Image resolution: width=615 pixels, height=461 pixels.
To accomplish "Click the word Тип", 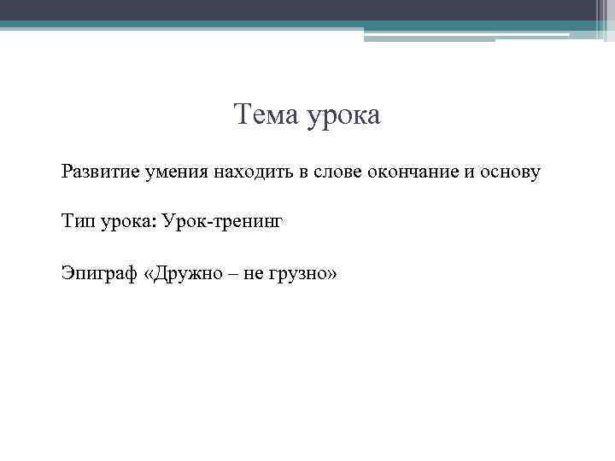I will click(x=74, y=223).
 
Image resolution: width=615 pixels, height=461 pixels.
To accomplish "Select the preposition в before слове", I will click(x=302, y=172).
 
